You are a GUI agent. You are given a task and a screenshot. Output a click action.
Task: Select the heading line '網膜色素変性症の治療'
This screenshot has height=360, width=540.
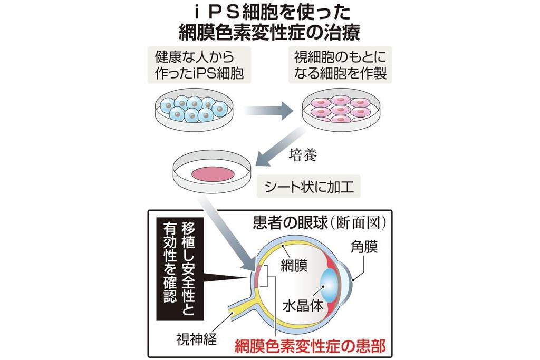point(269,33)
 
